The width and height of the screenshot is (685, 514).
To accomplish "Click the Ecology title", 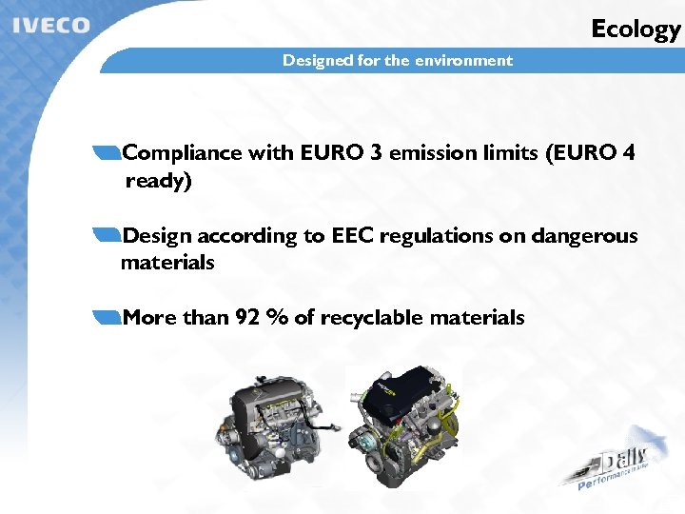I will click(x=636, y=30).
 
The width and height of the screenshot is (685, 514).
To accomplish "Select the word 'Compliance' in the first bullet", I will click(x=183, y=152).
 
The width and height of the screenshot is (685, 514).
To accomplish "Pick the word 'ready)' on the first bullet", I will click(x=158, y=181).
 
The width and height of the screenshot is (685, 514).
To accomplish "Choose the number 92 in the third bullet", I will click(x=247, y=318).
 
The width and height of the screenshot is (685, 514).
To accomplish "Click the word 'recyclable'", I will click(x=372, y=318).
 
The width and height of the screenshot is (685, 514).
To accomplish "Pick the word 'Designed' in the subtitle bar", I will click(x=317, y=61).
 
